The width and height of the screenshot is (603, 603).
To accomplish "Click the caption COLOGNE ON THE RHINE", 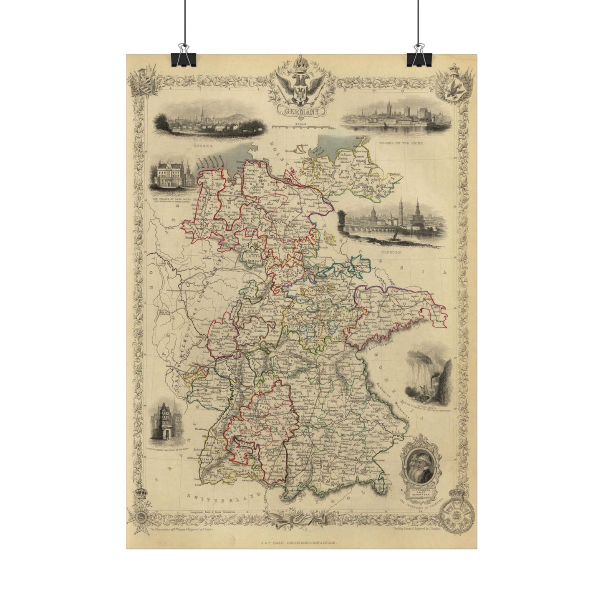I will click(401, 143).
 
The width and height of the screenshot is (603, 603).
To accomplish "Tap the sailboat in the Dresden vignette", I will click(395, 237).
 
